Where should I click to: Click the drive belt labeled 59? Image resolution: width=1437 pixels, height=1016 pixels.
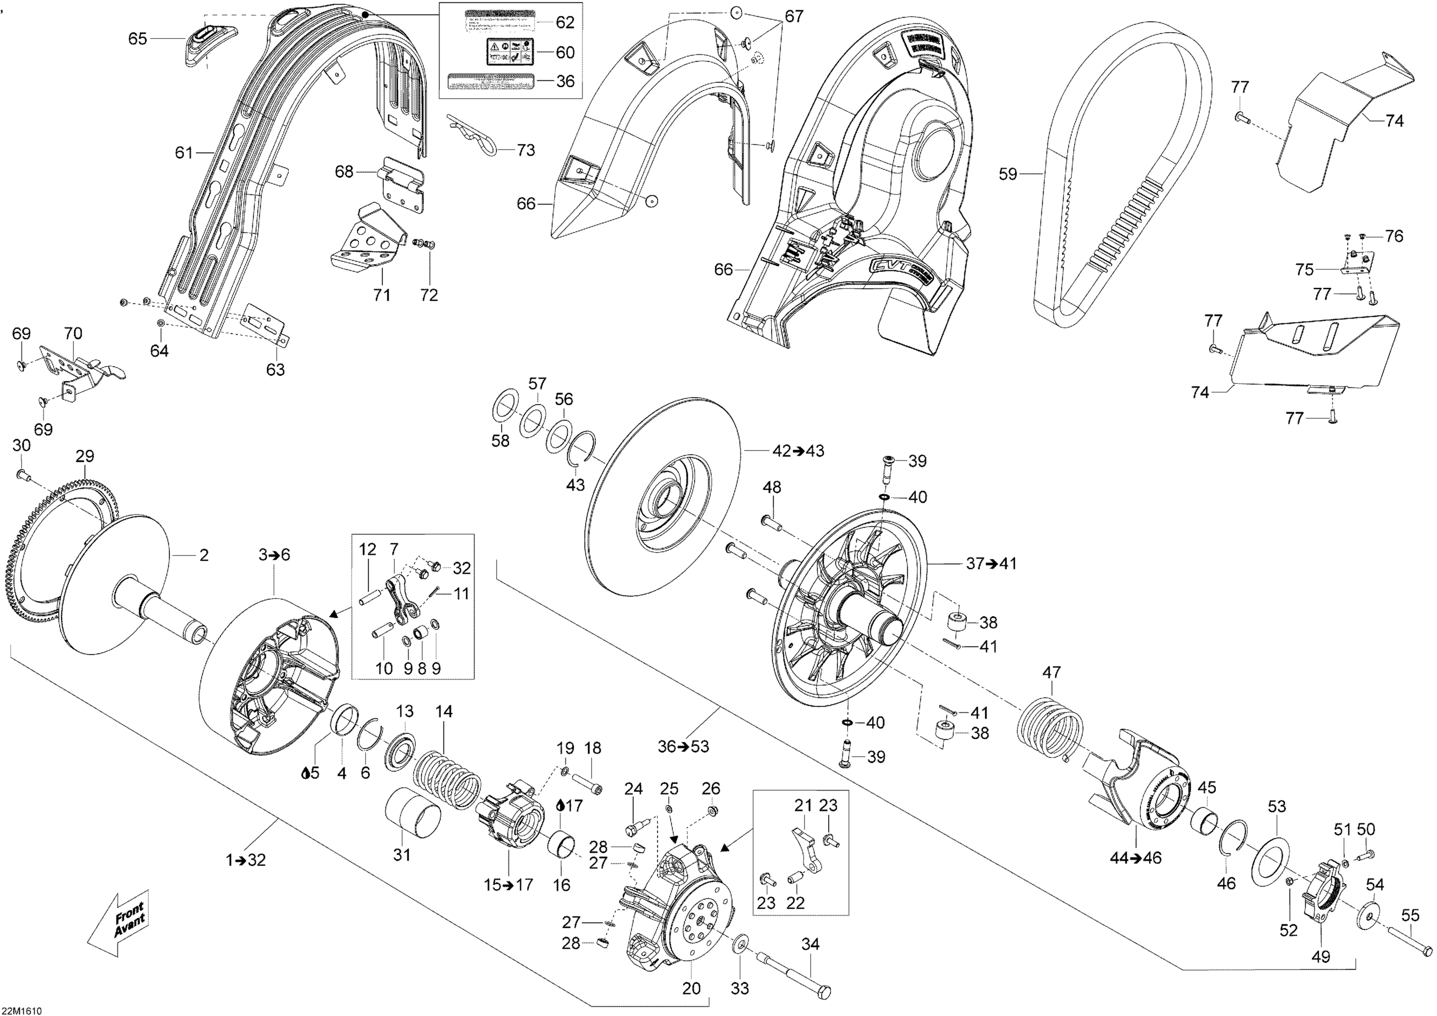tap(1064, 188)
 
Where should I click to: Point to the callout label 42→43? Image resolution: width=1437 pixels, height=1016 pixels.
tap(798, 451)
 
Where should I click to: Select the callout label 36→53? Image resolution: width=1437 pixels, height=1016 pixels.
tap(684, 746)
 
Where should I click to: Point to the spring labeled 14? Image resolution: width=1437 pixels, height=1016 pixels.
tap(447, 773)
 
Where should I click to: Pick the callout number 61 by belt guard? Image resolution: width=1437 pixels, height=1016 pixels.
tap(183, 152)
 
